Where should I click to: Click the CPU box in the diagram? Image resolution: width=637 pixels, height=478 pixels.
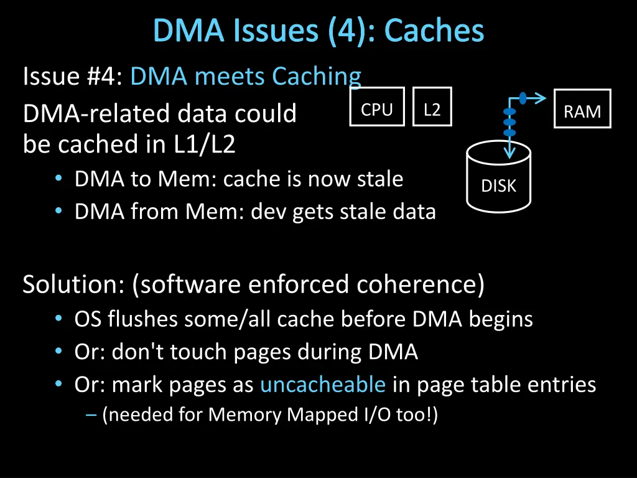377,110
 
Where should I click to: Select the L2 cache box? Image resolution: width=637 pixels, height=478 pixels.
432,110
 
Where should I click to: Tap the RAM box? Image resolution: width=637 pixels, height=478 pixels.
582,111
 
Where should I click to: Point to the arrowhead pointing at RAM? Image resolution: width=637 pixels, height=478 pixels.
541,97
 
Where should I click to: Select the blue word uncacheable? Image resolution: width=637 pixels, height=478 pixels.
323,385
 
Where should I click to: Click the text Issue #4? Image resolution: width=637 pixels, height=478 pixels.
74,77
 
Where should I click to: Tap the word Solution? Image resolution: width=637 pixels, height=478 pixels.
74,284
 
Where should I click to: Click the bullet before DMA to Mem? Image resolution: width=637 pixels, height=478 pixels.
58,179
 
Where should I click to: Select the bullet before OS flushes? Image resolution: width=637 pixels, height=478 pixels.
58,319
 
